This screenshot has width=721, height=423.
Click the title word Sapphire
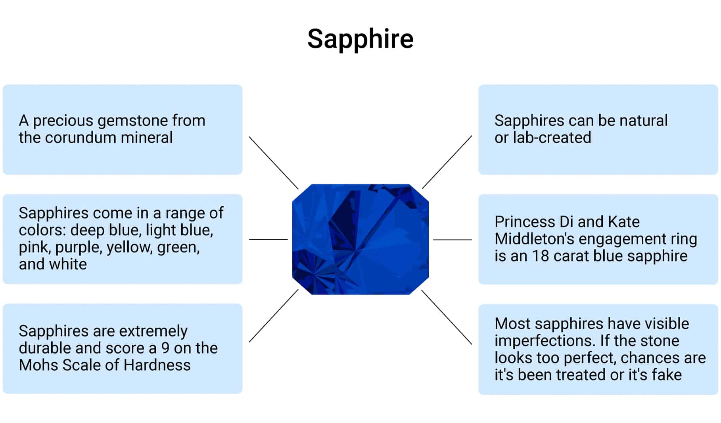click(360, 39)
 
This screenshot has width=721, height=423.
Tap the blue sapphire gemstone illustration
click(360, 239)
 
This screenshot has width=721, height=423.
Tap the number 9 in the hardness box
click(165, 348)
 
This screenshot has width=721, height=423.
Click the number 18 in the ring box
click(540, 256)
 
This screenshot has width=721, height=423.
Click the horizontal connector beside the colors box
click(268, 239)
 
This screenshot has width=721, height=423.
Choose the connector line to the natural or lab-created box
click(447, 162)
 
